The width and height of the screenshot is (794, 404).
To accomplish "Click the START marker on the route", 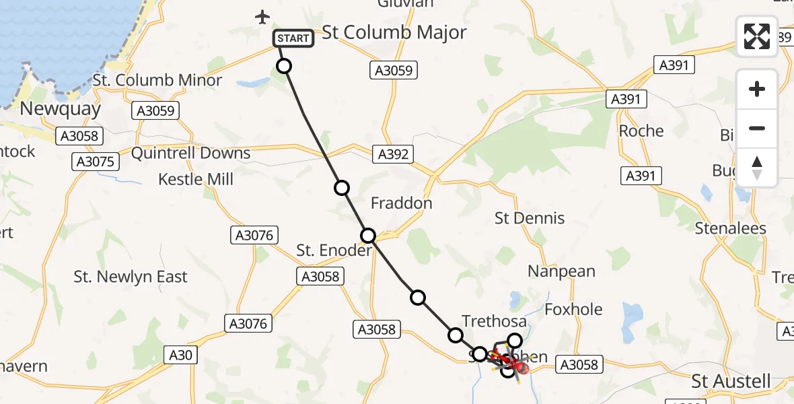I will (293, 38).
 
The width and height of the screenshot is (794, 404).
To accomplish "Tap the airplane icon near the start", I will (263, 17).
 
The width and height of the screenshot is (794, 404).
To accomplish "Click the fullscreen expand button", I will (757, 36).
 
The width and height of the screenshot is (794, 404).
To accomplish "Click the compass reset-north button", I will (757, 168).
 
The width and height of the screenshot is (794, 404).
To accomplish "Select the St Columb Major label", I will (394, 33).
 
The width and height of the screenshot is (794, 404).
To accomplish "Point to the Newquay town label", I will (61, 109).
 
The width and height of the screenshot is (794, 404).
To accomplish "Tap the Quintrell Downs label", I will (190, 154).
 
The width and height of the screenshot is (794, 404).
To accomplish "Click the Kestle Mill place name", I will (196, 179).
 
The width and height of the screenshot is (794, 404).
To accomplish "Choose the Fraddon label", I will (402, 203).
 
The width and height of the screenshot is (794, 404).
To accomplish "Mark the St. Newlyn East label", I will (131, 277).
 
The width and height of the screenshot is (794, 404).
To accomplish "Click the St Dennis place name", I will (530, 218).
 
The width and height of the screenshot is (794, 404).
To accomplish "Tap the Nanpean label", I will (561, 271).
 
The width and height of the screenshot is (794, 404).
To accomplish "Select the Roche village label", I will (641, 131).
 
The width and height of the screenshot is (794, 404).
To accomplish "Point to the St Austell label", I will (731, 382).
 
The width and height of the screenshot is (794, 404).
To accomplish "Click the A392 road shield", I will (393, 154).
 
